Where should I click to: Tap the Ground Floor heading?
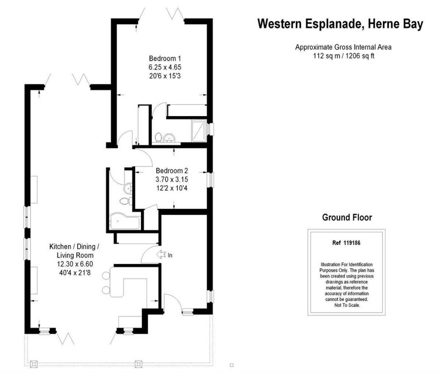pyautogui.click(x=347, y=217)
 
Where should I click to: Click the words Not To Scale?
pyautogui.click(x=347, y=305)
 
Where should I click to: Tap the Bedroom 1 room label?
pyautogui.click(x=165, y=59)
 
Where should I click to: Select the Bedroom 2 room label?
pyautogui.click(x=172, y=171)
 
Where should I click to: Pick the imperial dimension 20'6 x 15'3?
pyautogui.click(x=165, y=76)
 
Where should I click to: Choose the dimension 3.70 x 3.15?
pyautogui.click(x=172, y=180)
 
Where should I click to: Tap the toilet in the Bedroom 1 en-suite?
pyautogui.click(x=158, y=137)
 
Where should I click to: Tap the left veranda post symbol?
pyautogui.click(x=34, y=364)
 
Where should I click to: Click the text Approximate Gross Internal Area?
pyautogui.click(x=343, y=47)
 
